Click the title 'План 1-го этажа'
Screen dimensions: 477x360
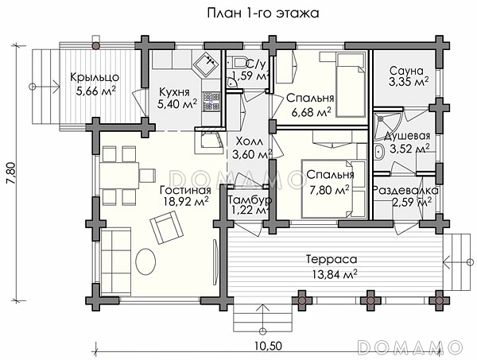click(263, 14)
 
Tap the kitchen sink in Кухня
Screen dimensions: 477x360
click(206, 64)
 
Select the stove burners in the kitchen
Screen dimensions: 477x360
click(211, 101)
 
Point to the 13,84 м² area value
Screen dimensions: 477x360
click(335, 275)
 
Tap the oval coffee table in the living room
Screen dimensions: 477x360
click(145, 261)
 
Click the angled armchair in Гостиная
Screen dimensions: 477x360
click(167, 227)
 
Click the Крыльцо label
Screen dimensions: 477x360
click(95, 77)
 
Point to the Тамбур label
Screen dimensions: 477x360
click(250, 200)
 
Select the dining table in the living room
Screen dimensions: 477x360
click(119, 176)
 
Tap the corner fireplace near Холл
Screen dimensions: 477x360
click(210, 141)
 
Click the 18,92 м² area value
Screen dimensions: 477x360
click(185, 201)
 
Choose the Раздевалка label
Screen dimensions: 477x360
click(405, 191)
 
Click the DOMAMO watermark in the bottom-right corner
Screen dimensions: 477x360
click(409, 347)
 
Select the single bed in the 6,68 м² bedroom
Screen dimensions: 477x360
click(351, 84)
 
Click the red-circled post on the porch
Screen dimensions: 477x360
click(96, 46)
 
